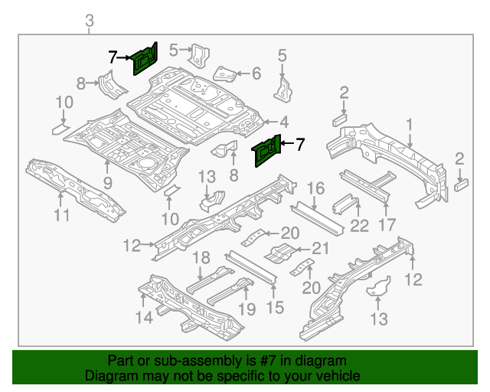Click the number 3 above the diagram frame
90,21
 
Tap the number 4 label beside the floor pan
284,122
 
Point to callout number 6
256,73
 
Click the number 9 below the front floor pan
107,183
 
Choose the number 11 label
61,215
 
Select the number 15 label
274,308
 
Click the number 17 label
387,224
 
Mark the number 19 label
247,309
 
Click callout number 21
320,247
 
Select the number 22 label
359,225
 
